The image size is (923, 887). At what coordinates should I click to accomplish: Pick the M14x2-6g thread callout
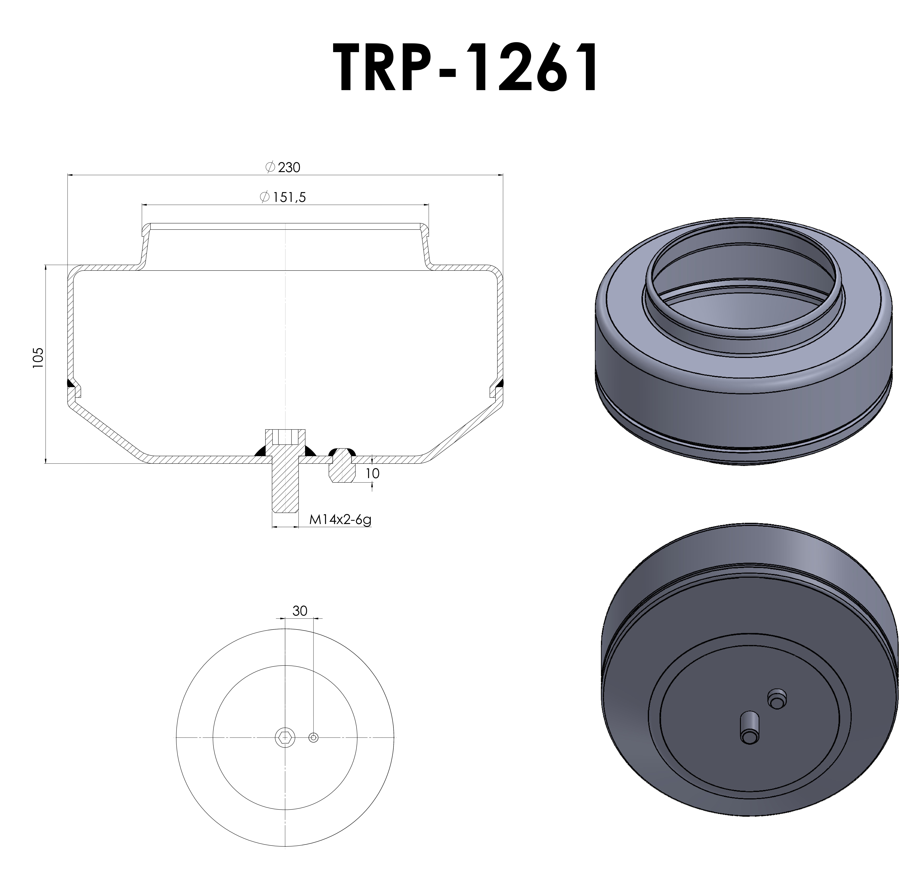pyautogui.click(x=340, y=520)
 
